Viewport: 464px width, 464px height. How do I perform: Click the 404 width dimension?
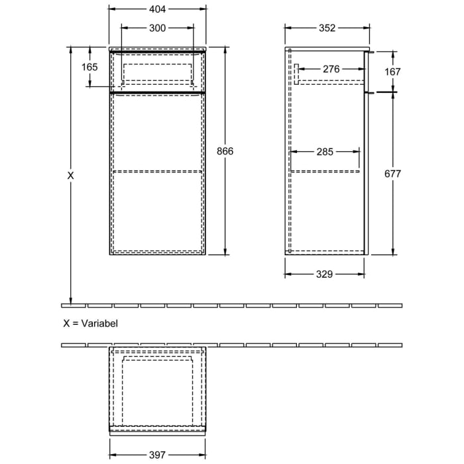click(157, 9)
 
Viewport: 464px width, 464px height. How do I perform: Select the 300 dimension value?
click(157, 28)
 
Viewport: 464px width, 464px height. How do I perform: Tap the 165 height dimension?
click(90, 67)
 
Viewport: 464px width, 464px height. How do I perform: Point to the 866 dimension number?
click(226, 151)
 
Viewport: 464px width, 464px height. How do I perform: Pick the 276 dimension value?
click(331, 69)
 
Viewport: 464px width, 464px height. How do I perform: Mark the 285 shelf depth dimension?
click(325, 152)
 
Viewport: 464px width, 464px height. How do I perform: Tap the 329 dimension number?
click(324, 274)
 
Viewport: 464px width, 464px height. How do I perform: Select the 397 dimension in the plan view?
click(157, 455)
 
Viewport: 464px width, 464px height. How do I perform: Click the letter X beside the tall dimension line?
click(71, 176)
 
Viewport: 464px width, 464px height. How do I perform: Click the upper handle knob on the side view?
click(373, 51)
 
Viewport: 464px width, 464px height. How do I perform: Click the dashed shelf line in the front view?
click(157, 170)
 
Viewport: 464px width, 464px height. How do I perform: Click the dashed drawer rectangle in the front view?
click(157, 72)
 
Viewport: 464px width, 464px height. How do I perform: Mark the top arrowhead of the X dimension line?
click(71, 50)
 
